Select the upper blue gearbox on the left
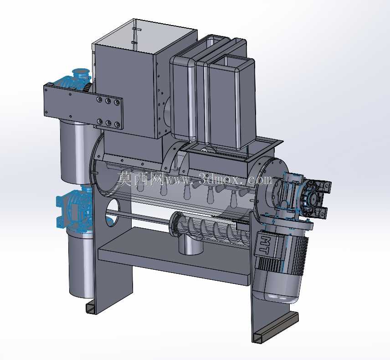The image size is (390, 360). [75, 79]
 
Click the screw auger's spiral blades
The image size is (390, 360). [214, 228]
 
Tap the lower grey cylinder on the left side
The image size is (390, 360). [81, 264]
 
